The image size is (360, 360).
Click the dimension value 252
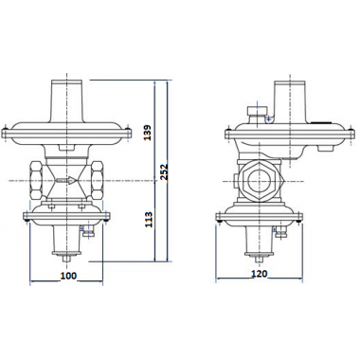163,171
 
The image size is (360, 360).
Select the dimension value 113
149,220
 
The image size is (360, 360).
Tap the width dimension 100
68,276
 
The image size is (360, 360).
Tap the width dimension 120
259,274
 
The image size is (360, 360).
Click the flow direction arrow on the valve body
66,181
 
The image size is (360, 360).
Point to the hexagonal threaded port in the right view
259,181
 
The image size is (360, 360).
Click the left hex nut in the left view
38,180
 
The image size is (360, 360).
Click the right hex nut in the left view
97,180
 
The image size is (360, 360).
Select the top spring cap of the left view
67,101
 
